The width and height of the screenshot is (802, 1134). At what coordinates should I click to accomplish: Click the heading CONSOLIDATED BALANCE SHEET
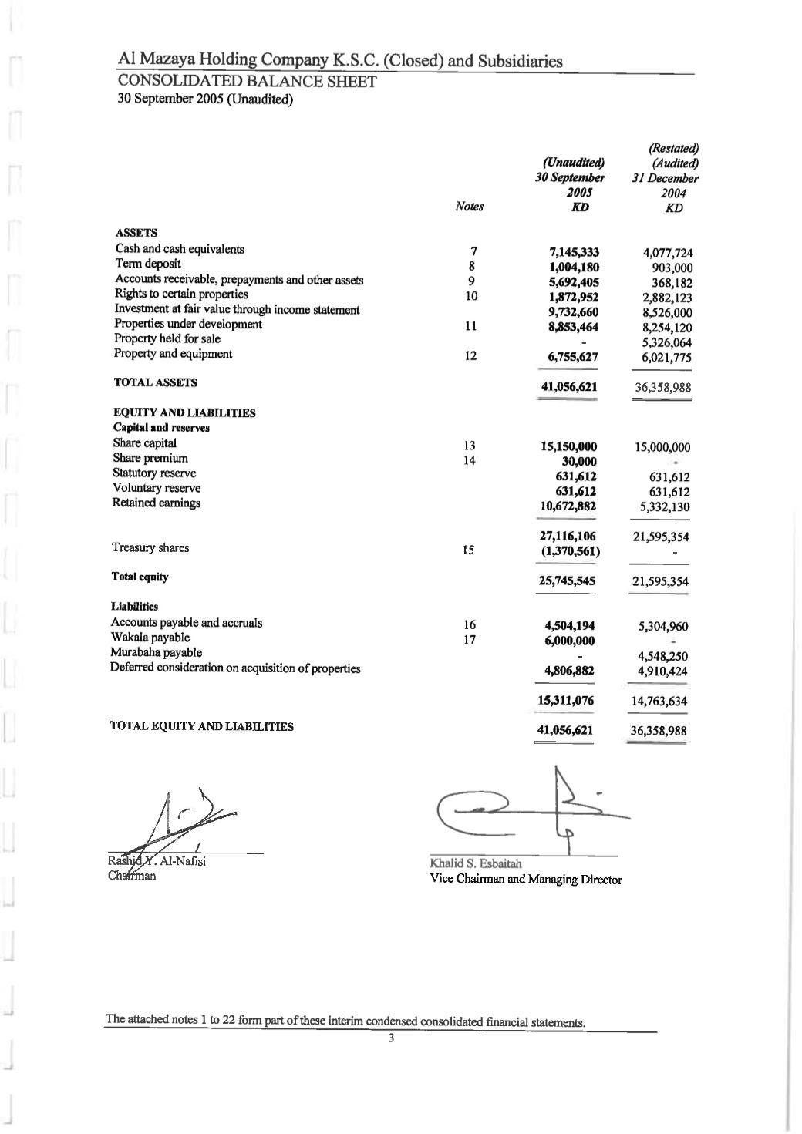click(246, 82)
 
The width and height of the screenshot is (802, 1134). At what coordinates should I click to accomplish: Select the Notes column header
click(470, 207)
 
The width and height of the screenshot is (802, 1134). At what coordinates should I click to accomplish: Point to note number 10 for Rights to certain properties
click(471, 296)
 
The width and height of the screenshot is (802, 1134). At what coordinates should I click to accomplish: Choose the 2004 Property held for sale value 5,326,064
click(666, 342)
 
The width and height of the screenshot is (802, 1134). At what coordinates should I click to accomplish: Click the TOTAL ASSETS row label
click(156, 382)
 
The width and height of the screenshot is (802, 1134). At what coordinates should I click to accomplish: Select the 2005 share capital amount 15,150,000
click(569, 447)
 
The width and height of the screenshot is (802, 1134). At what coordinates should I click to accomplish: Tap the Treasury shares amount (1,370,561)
click(569, 551)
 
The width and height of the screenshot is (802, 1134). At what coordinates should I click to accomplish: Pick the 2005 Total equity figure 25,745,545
click(567, 581)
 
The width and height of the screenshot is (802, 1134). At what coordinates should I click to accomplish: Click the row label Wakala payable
click(150, 638)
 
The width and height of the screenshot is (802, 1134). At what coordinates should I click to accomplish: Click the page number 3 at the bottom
click(391, 1039)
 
